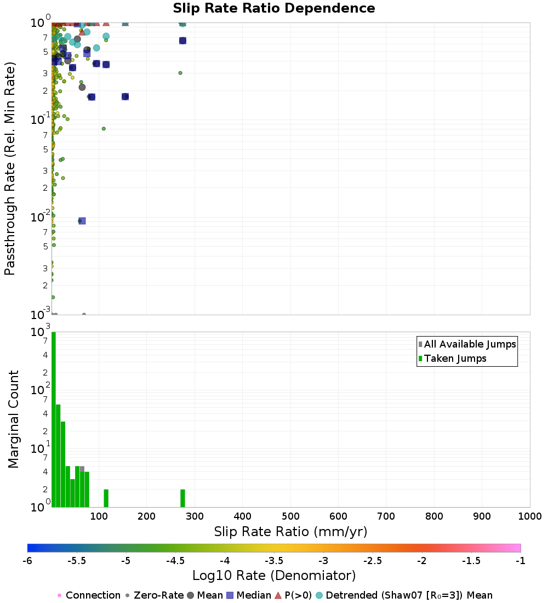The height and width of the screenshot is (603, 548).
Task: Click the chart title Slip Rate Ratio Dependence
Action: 274,9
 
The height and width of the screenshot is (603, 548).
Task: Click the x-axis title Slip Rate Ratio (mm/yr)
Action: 290,531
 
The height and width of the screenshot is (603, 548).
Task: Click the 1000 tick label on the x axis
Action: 530,516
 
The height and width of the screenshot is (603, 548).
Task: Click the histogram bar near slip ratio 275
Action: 182,498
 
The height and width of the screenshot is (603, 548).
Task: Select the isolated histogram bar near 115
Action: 106,498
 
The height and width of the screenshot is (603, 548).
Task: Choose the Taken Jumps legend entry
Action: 455,359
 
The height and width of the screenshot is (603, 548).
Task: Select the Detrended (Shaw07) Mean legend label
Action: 409,595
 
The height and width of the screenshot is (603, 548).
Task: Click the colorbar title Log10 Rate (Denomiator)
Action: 274,576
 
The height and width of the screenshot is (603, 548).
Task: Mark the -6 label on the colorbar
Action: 28,560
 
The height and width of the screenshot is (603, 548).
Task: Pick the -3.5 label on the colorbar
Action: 274,560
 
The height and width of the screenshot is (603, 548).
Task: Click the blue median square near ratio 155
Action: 125,96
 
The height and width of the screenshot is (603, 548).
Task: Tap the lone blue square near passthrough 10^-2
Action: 82,221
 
